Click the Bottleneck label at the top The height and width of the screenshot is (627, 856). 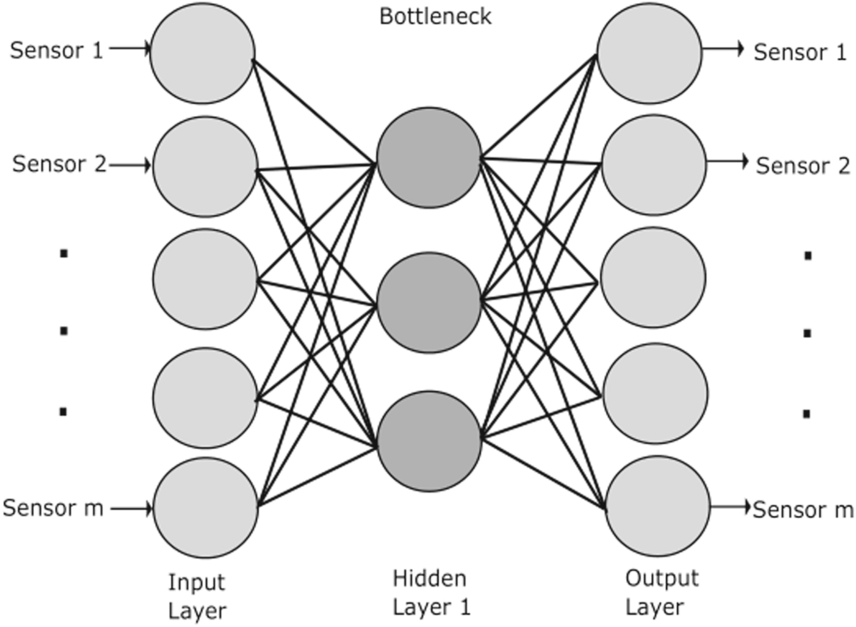click(x=435, y=16)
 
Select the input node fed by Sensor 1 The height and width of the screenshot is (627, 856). click(x=202, y=52)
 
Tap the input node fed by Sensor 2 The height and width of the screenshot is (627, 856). click(x=205, y=166)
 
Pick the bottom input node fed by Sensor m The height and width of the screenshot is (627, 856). click(x=206, y=507)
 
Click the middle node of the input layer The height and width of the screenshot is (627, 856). click(x=205, y=279)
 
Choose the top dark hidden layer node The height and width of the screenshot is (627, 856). click(x=429, y=157)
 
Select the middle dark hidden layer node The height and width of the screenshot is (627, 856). click(x=429, y=302)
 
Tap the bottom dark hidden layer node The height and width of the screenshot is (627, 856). click(x=429, y=441)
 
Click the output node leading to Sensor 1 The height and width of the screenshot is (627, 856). click(x=649, y=52)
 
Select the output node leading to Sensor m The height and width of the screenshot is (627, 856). click(x=657, y=506)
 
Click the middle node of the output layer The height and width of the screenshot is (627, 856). click(x=653, y=278)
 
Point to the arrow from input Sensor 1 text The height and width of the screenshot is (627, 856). click(x=129, y=49)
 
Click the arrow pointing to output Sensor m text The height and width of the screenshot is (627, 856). click(x=731, y=507)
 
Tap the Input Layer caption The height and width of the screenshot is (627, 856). click(x=196, y=596)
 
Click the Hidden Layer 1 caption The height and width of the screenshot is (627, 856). click(x=430, y=592)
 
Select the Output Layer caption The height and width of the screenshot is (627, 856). click(x=661, y=592)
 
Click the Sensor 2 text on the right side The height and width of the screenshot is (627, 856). click(x=802, y=166)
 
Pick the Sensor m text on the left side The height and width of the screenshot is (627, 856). click(x=53, y=508)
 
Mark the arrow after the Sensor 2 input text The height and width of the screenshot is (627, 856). click(x=129, y=165)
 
